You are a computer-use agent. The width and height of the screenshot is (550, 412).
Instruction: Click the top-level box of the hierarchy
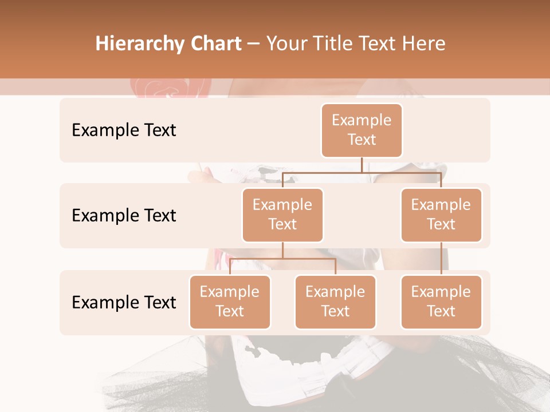362,130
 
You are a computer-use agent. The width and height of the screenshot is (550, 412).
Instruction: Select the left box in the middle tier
282,215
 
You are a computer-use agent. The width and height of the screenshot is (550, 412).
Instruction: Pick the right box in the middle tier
441,215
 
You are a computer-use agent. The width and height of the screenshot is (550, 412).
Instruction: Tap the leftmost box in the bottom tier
230,302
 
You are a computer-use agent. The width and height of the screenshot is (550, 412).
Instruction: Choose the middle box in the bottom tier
335,302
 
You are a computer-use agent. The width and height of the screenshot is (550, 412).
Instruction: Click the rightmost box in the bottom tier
441,302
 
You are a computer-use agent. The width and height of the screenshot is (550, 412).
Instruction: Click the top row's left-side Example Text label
124,130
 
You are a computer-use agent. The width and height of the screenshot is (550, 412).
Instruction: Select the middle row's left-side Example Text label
124,215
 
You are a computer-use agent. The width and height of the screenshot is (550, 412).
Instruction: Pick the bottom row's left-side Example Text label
124,302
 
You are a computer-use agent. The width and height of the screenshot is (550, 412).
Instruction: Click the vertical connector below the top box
362,165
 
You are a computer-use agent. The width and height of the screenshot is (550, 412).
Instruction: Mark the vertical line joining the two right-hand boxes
441,259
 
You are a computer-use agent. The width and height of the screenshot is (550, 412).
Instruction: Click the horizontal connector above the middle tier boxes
401,172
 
